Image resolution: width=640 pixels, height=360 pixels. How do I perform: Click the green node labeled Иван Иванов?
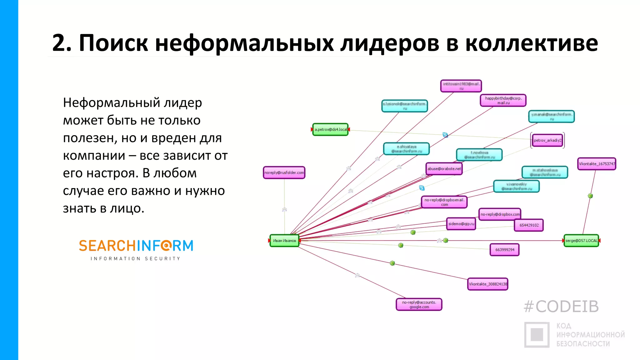point(284,241)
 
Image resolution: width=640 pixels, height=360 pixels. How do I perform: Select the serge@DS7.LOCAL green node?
point(581,241)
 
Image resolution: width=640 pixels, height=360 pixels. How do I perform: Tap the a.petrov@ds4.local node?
point(330,129)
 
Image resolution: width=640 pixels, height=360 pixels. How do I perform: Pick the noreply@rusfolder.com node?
point(284,172)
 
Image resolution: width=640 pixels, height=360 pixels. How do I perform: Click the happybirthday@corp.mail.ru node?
point(503,100)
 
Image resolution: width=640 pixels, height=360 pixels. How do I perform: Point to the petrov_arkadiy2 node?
point(547,140)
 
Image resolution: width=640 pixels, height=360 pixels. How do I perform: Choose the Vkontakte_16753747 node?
point(597,164)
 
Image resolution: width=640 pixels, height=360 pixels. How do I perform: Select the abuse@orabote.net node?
point(444,169)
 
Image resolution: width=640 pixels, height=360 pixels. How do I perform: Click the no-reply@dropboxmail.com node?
point(444,202)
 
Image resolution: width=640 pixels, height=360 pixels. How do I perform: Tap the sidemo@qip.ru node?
point(461,224)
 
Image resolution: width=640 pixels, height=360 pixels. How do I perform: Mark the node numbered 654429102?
point(529,225)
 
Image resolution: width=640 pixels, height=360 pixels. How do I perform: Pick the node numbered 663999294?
point(504,250)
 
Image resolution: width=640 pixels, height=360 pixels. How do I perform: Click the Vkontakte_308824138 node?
point(487,284)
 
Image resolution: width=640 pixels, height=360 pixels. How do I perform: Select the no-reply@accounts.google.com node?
point(419,304)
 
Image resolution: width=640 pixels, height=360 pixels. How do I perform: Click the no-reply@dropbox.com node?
point(500,214)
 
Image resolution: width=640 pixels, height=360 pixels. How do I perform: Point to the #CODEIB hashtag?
point(561,307)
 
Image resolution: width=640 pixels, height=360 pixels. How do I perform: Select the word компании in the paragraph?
point(94,155)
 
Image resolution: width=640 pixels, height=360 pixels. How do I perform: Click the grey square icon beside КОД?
point(537,335)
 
